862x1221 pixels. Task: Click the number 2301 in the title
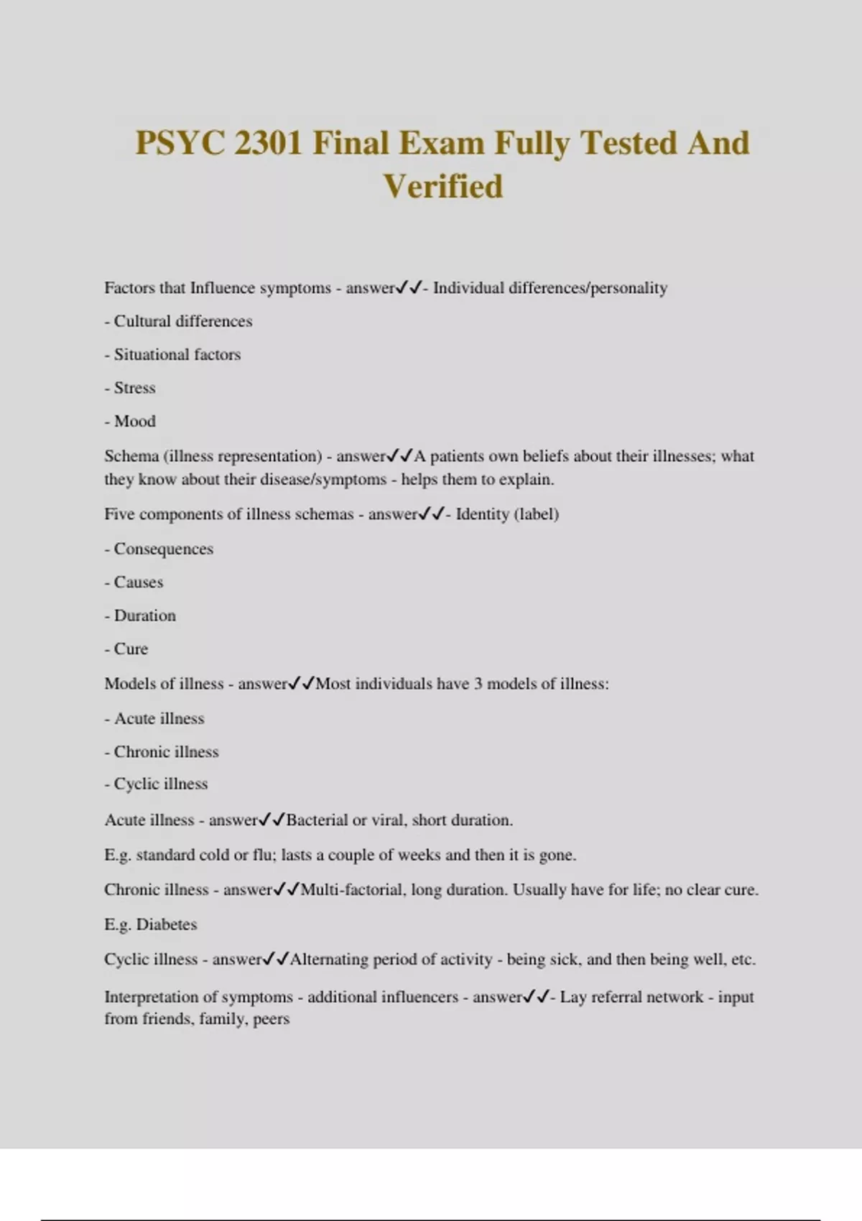pos(268,143)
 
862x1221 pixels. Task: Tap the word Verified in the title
pos(442,187)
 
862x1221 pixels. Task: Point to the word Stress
pos(134,388)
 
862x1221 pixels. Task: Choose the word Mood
pos(134,421)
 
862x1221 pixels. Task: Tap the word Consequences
pos(163,549)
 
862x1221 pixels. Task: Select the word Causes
pos(138,582)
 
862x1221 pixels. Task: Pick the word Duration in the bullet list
pos(144,616)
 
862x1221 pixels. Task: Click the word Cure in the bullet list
pos(131,649)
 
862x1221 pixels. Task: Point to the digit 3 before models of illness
pos(478,684)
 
